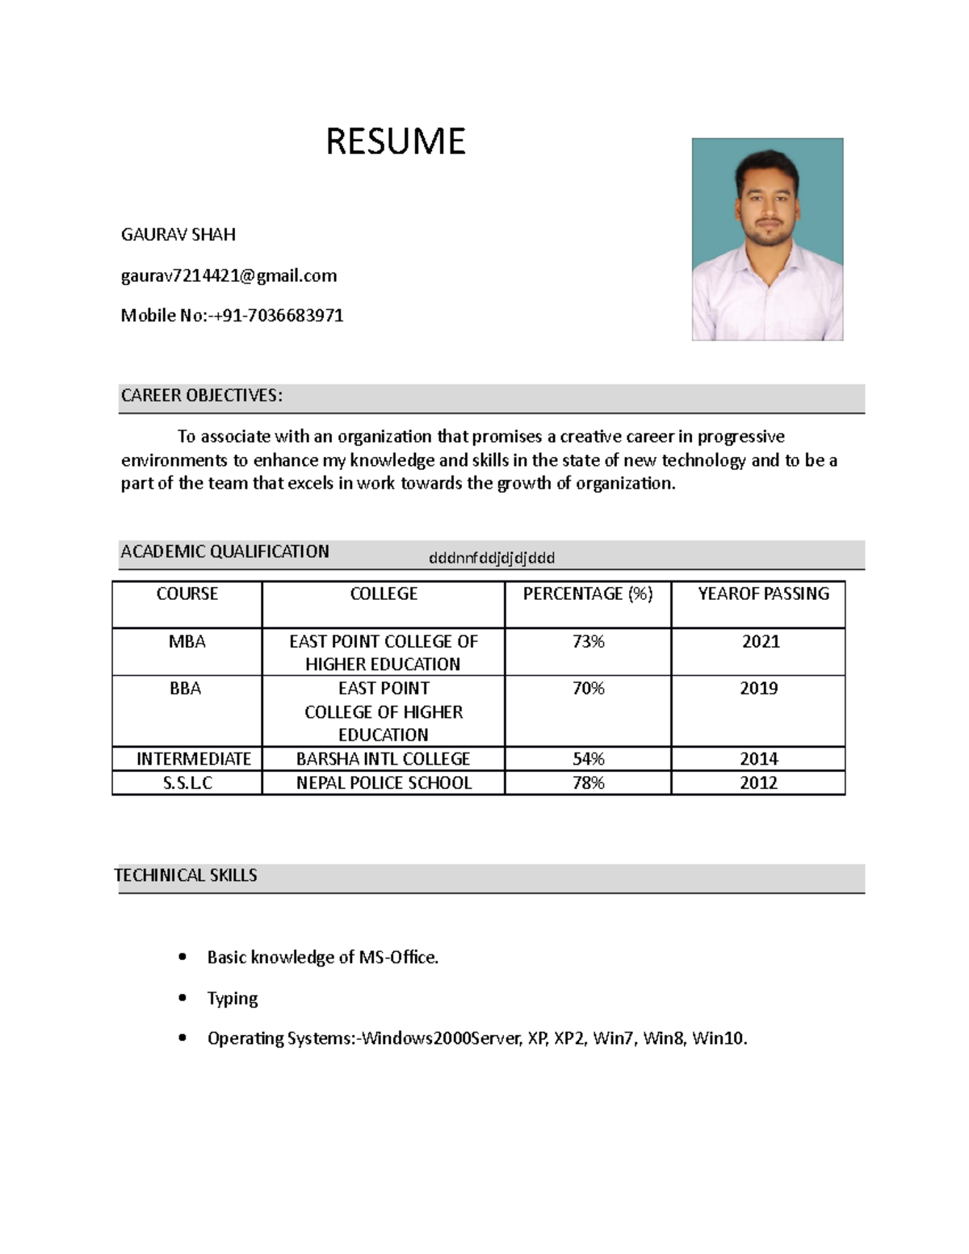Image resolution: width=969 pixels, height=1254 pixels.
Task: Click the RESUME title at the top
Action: coord(395,141)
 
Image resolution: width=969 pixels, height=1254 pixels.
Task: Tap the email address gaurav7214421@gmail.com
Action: coord(229,276)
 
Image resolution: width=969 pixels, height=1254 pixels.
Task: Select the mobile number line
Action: coord(232,316)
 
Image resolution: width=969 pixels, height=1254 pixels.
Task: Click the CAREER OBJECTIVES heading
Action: coord(202,396)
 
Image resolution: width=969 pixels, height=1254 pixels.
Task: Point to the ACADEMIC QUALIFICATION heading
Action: coord(224,552)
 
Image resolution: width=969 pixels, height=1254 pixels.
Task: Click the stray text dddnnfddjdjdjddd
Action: coord(491,558)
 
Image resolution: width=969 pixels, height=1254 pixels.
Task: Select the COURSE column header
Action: coord(187,593)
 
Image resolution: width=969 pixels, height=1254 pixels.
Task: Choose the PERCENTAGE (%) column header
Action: coord(587,593)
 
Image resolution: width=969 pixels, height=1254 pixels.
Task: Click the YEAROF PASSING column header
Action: coord(763,593)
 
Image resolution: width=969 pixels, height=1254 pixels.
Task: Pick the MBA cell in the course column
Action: coord(187,641)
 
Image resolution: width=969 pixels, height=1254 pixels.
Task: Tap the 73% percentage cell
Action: coord(588,641)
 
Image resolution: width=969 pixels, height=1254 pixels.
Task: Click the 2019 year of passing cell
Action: coord(758,688)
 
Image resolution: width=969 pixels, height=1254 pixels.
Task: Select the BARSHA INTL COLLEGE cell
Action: coord(383,759)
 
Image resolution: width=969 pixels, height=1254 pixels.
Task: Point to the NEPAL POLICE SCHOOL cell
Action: coord(384,782)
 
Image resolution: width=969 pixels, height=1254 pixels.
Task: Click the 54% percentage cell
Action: coord(588,759)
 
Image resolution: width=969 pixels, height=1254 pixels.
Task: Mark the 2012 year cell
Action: coord(758,782)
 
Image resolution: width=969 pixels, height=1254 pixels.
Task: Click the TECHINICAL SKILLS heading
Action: coord(186,875)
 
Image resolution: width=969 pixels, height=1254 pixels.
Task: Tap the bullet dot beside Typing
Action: coord(182,998)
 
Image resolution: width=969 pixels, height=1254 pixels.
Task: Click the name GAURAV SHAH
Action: coord(178,235)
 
